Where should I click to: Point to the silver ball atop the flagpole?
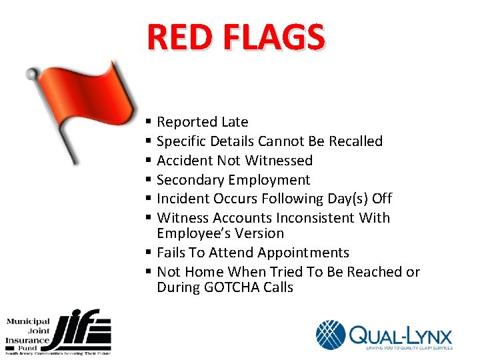[x=31, y=73]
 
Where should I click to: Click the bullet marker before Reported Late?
[x=147, y=123]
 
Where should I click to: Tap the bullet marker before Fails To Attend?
[x=147, y=253]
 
